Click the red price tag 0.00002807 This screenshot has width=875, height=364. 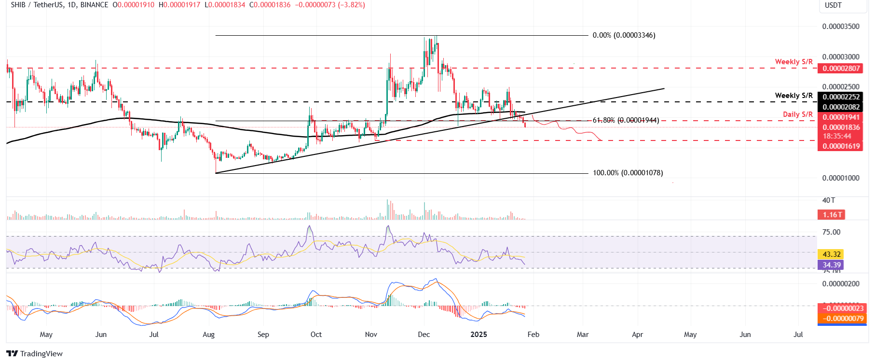click(841, 69)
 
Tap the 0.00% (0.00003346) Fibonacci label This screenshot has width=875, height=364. click(624, 35)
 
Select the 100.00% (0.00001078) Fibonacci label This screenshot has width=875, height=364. click(628, 173)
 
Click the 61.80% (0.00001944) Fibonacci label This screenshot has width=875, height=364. click(626, 120)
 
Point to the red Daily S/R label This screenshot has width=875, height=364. click(797, 114)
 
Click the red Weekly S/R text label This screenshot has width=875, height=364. click(793, 62)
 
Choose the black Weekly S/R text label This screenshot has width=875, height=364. click(793, 96)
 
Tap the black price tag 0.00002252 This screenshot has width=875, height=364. click(841, 97)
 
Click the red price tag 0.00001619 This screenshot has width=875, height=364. click(841, 146)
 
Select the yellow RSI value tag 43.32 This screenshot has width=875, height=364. click(832, 254)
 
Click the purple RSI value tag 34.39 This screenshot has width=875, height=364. click(832, 265)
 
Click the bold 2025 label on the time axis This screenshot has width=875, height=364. click(479, 335)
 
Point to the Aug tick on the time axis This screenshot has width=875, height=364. click(208, 335)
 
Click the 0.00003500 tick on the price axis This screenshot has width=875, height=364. click(841, 27)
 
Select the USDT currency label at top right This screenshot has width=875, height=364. click(833, 5)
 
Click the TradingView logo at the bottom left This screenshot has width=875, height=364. click(35, 354)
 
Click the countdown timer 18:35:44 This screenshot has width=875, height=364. click(837, 137)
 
